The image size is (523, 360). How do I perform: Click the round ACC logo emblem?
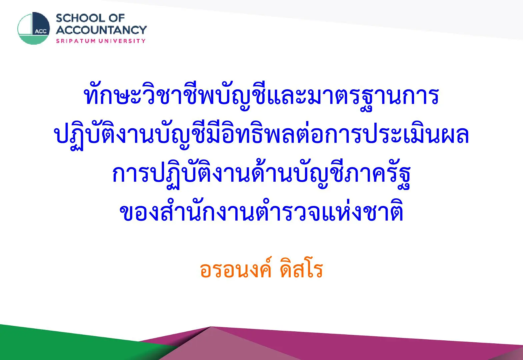coord(34,28)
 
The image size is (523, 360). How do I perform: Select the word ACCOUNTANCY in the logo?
coord(101,30)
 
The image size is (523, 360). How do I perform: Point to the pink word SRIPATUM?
coord(76,41)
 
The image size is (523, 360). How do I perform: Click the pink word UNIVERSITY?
coord(122,41)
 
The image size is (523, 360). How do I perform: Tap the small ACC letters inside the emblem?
coord(41,31)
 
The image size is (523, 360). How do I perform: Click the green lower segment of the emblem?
coord(33,39)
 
